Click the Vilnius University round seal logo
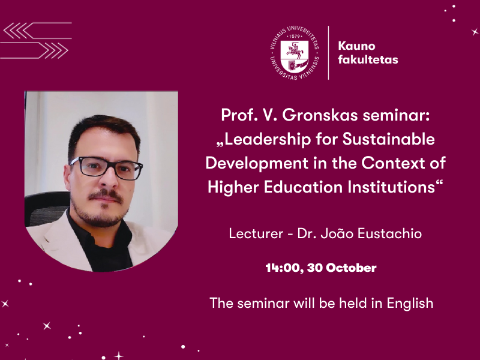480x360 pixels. tap(295, 53)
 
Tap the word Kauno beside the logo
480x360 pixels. tap(356, 46)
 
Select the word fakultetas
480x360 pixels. tap(368, 59)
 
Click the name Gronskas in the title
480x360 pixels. tap(320, 115)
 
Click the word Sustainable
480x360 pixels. tap(388, 139)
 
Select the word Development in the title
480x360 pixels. tap(257, 163)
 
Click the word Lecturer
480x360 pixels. tap(256, 233)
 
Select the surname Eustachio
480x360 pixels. tap(389, 233)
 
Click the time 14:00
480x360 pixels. tap(284, 268)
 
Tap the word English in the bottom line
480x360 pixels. tap(410, 304)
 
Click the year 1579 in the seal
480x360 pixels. tap(295, 36)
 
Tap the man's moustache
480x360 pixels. tap(106, 196)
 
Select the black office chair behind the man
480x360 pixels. tap(46, 208)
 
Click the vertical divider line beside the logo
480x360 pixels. tap(328, 53)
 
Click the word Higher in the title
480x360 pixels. tap(233, 187)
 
